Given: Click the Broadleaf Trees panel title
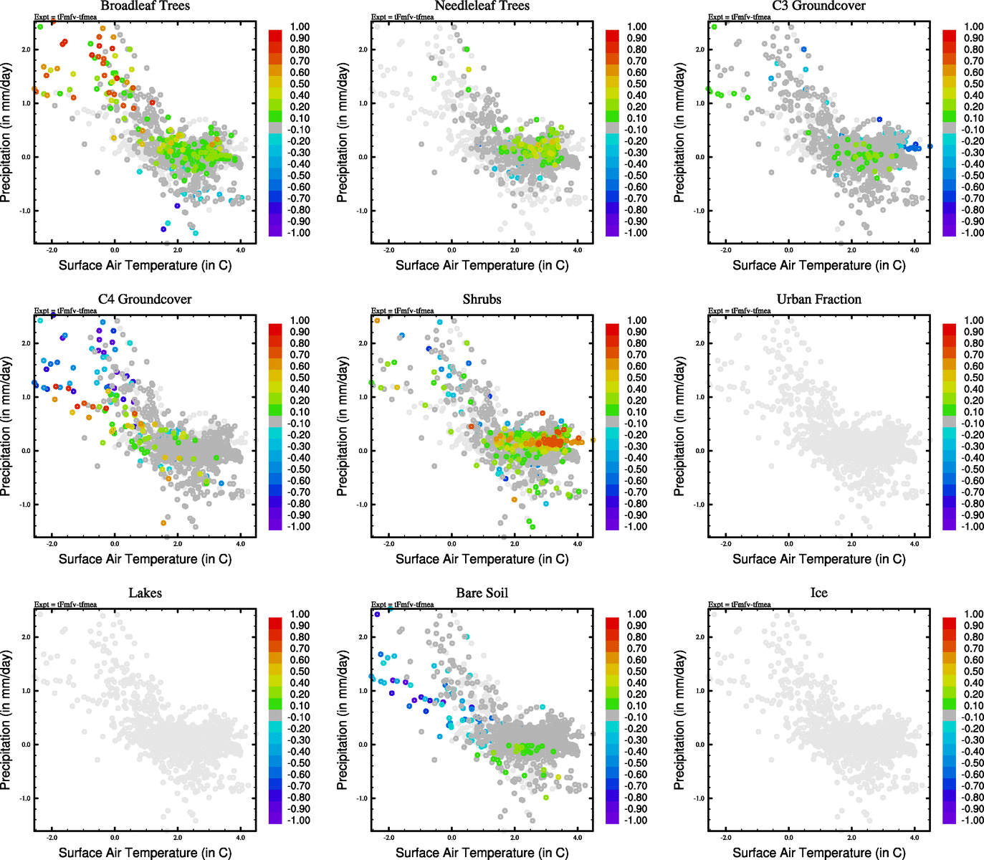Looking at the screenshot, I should pos(145,6).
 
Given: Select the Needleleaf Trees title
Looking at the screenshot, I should pos(482,6).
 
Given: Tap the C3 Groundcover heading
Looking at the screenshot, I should pos(818,6).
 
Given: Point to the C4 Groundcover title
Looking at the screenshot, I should pos(145,300).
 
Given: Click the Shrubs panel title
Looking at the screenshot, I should pos(482,300).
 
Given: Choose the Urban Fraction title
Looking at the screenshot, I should pos(818,300).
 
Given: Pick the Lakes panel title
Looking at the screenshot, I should pos(145,593).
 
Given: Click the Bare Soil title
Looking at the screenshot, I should pos(482,593).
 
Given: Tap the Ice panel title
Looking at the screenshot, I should pos(818,593).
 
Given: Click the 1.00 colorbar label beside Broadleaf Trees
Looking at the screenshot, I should pos(300,27).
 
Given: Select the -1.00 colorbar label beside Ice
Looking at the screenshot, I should pos(973,821).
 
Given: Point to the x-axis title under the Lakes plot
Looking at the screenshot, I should pos(145,852).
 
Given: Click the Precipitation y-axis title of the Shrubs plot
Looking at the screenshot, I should pos(343,427).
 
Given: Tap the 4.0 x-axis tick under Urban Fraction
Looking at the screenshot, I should pos(914,544).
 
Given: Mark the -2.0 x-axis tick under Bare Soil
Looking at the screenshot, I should pos(388,838).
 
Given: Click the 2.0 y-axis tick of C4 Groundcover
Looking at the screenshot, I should pos(26,343).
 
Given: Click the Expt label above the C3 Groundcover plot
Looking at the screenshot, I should pos(740,17).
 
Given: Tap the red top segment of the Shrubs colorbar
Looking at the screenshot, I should pos(612,329).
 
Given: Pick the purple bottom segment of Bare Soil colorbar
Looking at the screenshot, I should pos(612,818).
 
